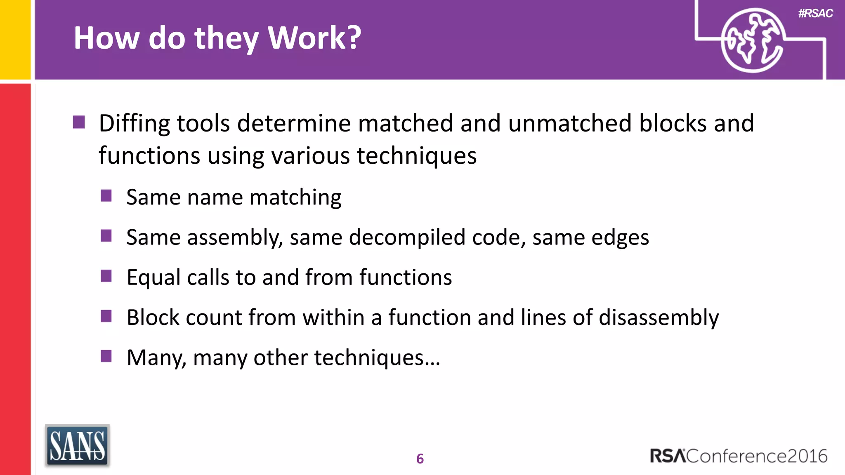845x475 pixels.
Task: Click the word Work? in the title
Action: point(314,38)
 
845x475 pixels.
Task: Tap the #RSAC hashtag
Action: point(815,14)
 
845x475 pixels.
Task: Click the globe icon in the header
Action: point(752,40)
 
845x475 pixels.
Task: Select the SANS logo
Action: point(77,446)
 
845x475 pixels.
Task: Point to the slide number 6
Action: point(420,459)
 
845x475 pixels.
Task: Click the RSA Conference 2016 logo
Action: point(739,456)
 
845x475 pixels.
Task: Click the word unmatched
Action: point(570,123)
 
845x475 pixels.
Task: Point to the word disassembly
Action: point(659,317)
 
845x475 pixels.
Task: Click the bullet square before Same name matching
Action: point(106,195)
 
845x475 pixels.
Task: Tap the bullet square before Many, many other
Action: point(106,355)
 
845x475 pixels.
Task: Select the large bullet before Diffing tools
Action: point(79,122)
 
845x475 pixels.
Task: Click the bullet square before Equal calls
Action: point(106,275)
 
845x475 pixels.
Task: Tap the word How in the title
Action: point(106,38)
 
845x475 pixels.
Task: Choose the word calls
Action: point(208,277)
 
